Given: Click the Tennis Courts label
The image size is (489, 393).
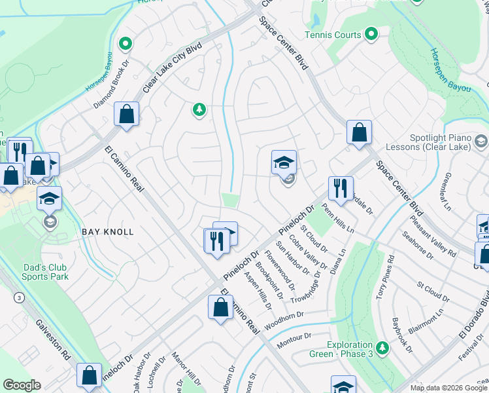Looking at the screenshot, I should point(333,35).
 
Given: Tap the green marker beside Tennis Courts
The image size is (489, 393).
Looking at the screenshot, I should point(371,33).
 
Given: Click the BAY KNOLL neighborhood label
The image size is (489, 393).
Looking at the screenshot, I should point(108,232).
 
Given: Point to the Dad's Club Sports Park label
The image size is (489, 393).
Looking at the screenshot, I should point(50,272).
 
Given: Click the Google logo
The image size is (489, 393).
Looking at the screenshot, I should point(22,384).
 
